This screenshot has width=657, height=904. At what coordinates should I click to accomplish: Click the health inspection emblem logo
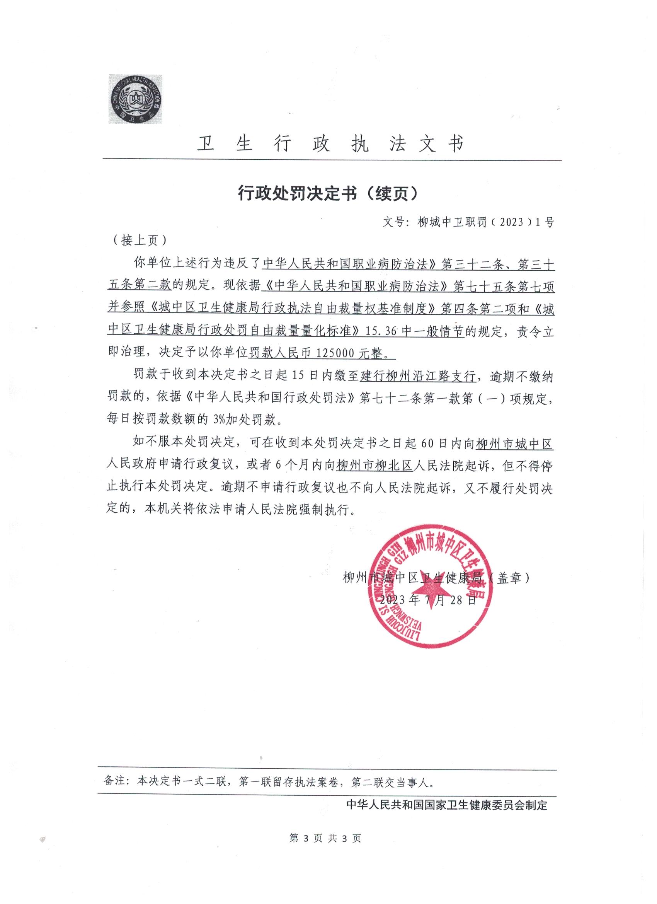point(136,99)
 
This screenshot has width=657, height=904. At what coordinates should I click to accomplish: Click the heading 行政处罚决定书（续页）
point(328,193)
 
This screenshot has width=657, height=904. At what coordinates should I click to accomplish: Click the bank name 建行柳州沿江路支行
point(418,376)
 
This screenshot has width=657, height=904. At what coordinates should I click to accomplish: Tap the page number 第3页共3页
point(325,849)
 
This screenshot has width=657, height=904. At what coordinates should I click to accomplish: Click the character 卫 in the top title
point(206,144)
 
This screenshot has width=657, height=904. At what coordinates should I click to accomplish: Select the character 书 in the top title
point(455,144)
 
